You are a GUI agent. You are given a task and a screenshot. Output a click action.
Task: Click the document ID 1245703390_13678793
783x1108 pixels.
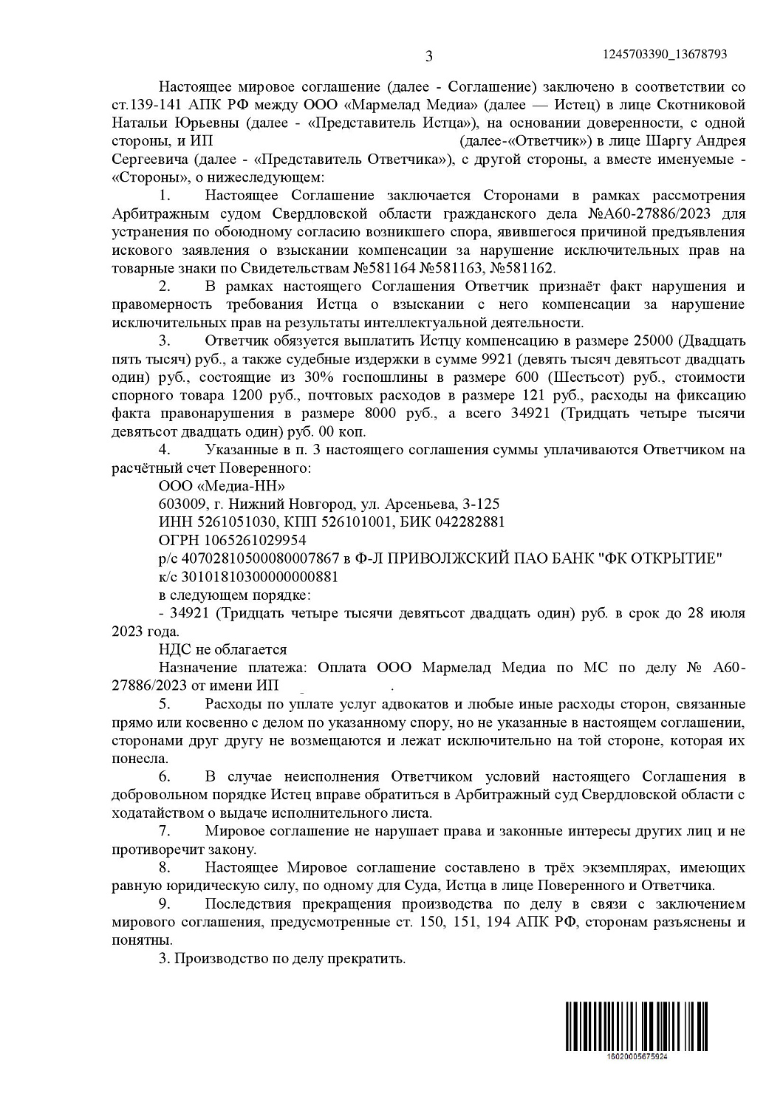(666, 54)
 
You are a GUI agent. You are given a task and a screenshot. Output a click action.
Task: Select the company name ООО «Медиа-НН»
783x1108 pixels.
(222, 486)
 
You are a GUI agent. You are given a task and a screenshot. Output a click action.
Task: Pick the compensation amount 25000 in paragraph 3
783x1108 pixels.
(652, 341)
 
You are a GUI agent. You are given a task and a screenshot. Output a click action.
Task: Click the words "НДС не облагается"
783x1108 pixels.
(222, 650)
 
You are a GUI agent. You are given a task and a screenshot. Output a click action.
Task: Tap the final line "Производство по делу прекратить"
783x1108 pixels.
(290, 960)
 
